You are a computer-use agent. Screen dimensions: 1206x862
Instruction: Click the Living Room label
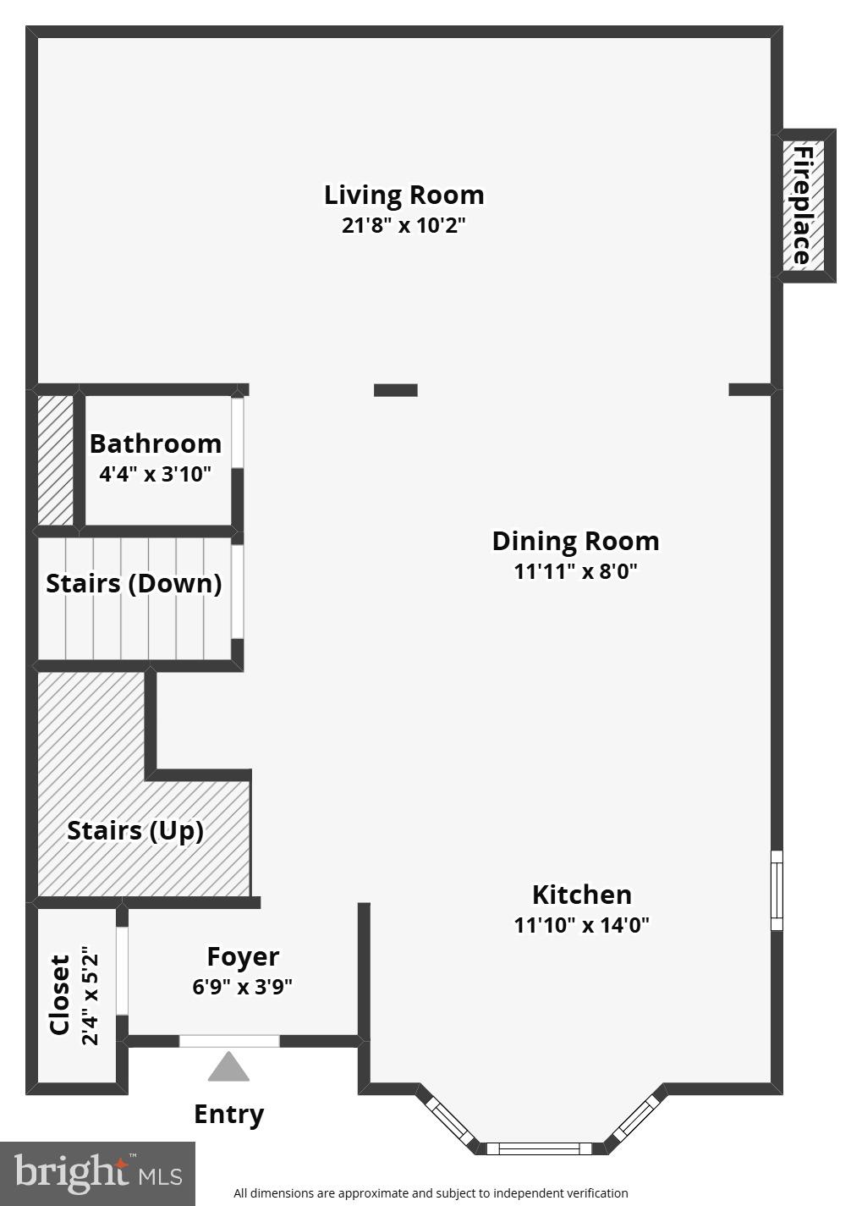[404, 195]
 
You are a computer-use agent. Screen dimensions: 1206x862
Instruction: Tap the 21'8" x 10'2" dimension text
[404, 226]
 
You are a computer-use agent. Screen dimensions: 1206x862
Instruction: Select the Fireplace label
[802, 206]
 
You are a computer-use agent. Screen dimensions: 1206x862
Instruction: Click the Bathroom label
[156, 444]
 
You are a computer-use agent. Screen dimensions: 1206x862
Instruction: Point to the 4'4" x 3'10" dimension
[155, 474]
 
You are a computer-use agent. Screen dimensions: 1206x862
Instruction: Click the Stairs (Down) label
[134, 584]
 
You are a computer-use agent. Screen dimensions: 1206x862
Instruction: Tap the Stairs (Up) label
[135, 831]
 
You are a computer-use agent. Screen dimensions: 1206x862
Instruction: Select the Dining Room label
[575, 542]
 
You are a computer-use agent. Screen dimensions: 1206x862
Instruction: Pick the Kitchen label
[581, 895]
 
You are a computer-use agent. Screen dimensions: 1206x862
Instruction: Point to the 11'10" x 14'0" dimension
[581, 925]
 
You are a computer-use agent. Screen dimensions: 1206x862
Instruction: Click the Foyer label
[243, 957]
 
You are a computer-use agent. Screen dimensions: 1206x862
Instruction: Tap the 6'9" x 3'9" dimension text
[243, 987]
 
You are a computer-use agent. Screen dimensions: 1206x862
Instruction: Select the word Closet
[59, 995]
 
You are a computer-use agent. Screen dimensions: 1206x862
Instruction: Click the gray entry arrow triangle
[228, 1069]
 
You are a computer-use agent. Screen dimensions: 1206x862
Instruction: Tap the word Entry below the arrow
[228, 1114]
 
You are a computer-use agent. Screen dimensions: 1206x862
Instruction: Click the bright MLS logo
[97, 1174]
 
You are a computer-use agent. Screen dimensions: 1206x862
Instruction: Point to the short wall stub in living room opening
[396, 390]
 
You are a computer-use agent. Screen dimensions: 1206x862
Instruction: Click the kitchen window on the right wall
[777, 890]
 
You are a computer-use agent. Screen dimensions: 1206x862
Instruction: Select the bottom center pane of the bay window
[538, 1148]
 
